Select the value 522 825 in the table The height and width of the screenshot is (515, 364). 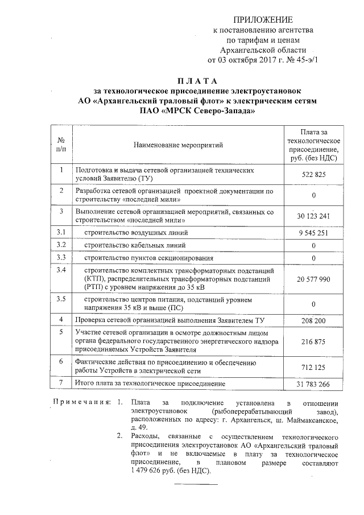click(313, 175)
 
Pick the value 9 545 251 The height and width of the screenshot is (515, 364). click(313, 233)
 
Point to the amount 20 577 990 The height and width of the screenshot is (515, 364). click(313, 279)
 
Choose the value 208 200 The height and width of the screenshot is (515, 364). click(313, 321)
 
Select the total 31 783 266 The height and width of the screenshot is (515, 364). click(313, 385)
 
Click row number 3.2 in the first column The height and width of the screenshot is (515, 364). click(61, 245)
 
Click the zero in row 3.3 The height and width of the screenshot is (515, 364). click(313, 258)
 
